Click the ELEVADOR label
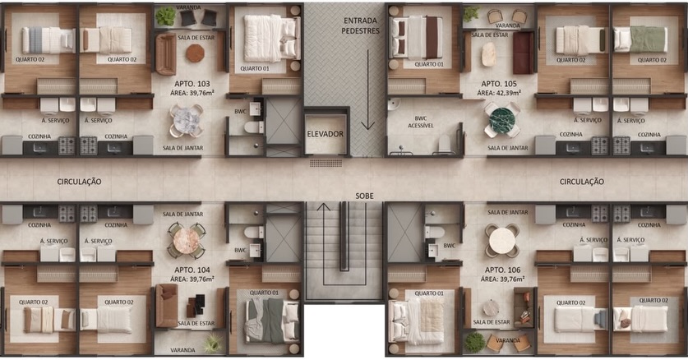tap(326, 134)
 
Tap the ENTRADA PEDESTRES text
tap(361, 25)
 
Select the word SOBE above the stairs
tap(365, 196)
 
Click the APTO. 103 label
tap(192, 84)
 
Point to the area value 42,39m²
tap(509, 93)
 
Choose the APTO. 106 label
tap(502, 270)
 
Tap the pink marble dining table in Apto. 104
tap(187, 241)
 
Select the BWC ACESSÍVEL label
tap(421, 122)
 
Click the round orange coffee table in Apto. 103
tap(195, 53)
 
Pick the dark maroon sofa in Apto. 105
tap(524, 53)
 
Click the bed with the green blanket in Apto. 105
tap(640, 39)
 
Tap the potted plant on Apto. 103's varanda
tap(165, 16)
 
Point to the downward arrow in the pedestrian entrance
tap(367, 90)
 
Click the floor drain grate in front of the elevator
tap(326, 163)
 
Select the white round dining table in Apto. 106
tap(502, 241)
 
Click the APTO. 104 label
tap(192, 270)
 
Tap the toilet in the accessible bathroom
tap(444, 145)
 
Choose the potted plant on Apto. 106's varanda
tap(474, 342)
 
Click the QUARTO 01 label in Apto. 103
tap(255, 69)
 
